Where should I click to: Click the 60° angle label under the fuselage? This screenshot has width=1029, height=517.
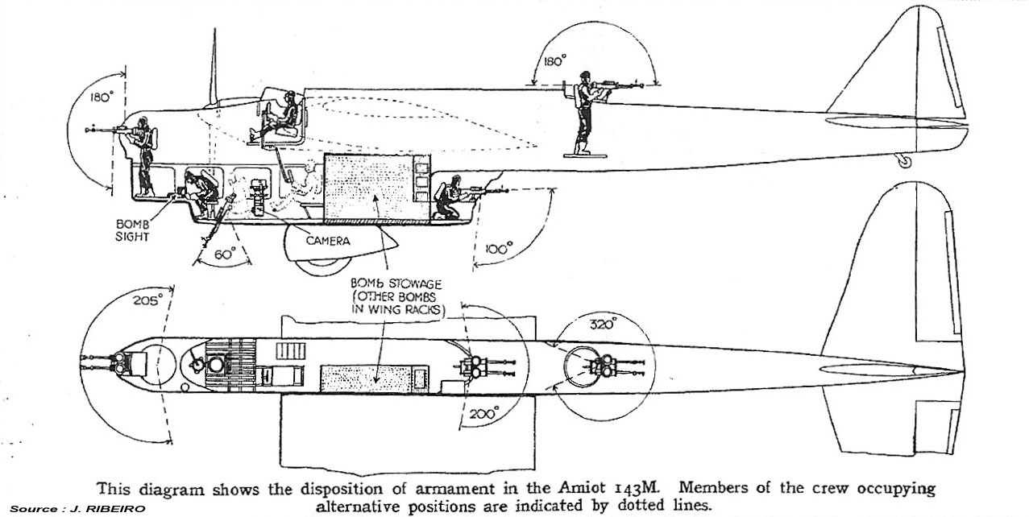[x=224, y=254]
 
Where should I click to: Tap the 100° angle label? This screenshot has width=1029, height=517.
[x=499, y=250]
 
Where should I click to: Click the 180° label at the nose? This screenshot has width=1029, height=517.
[x=100, y=97]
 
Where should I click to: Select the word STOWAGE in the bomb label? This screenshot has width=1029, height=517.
[x=419, y=284]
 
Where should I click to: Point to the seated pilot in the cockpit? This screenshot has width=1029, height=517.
[x=278, y=117]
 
